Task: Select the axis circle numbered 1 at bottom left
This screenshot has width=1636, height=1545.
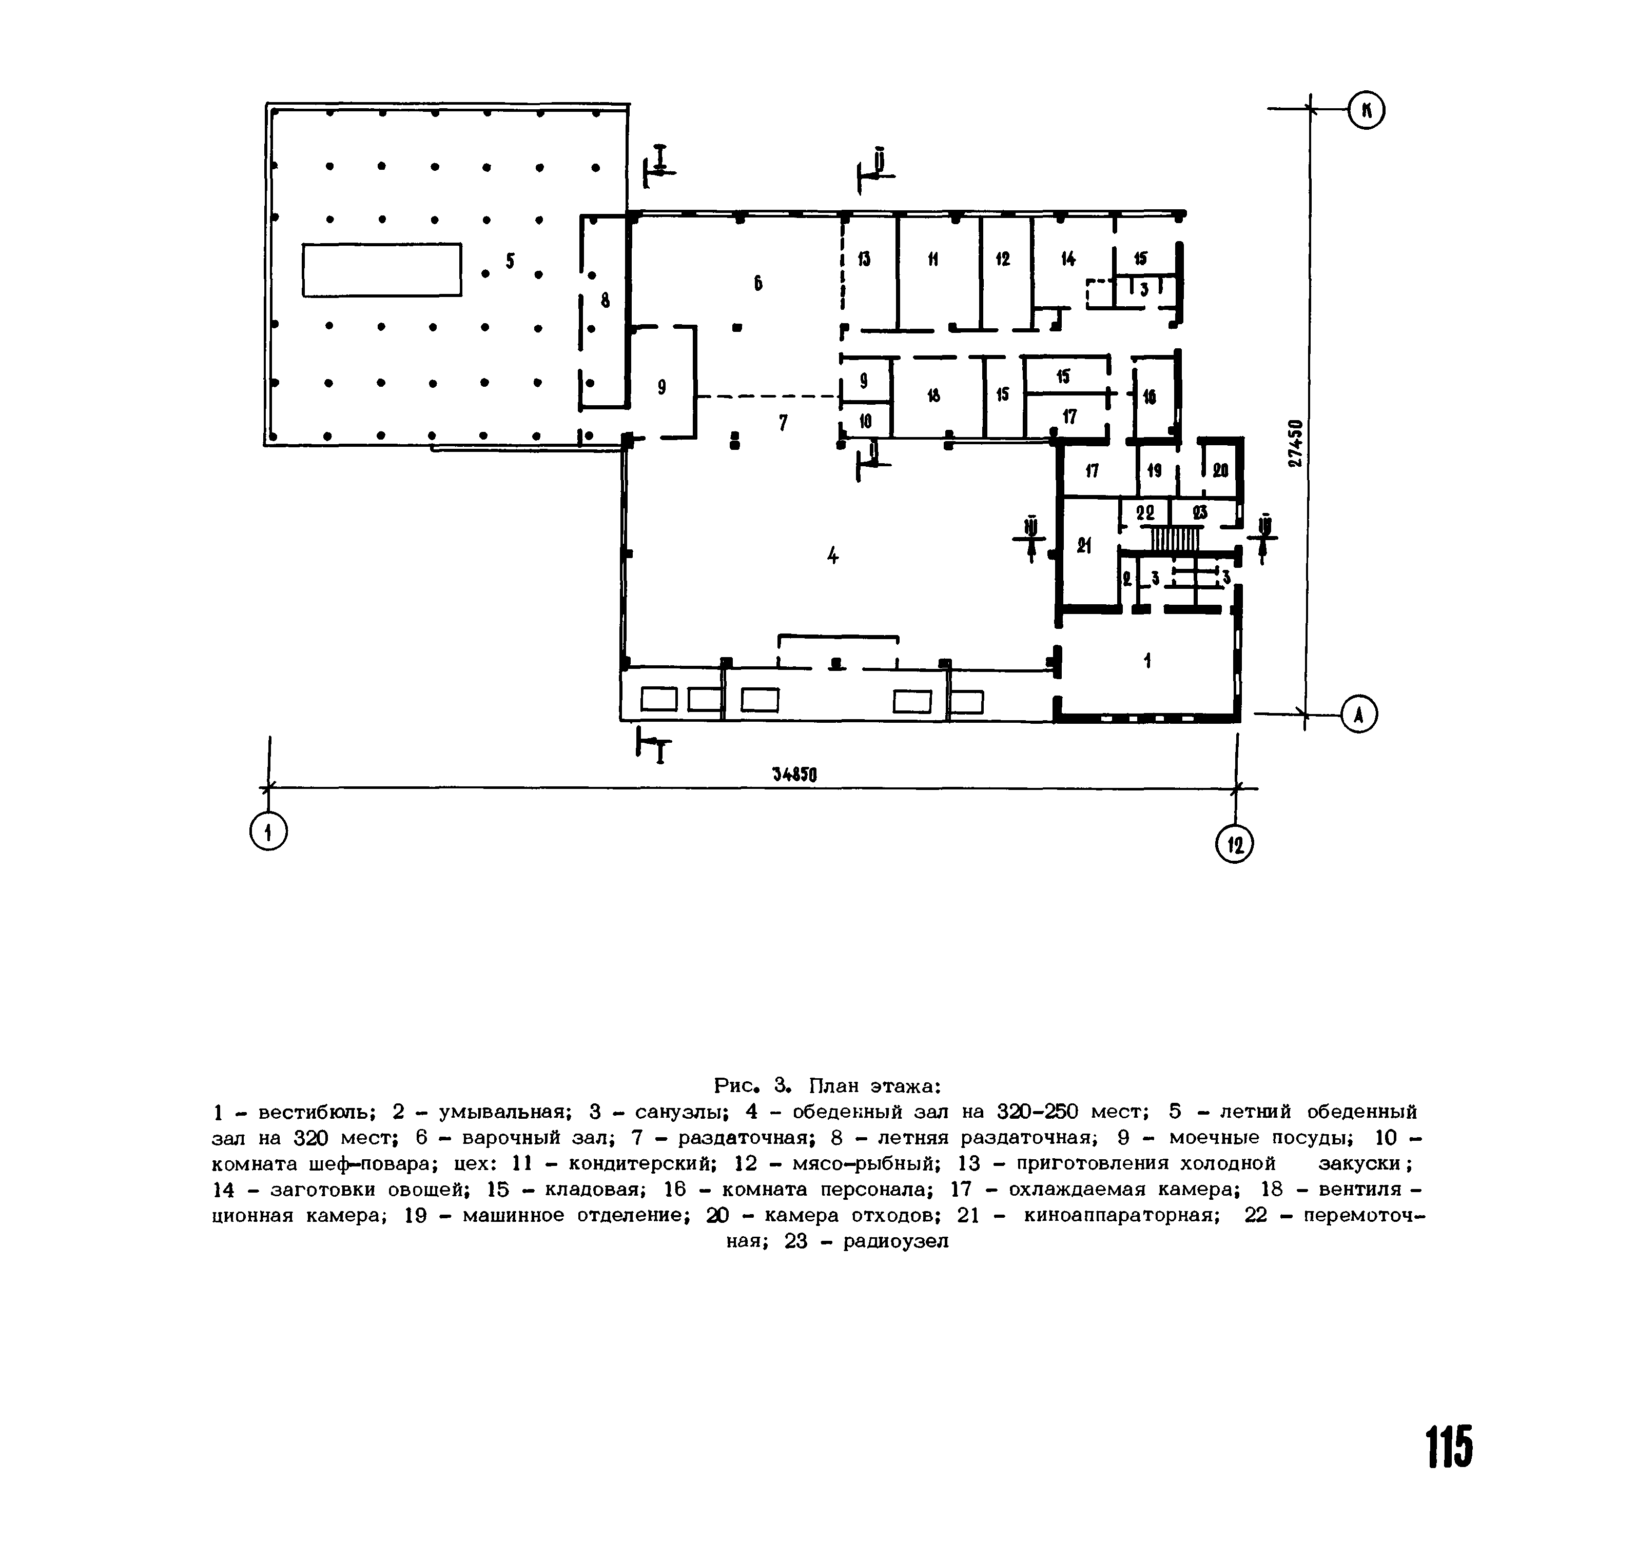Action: (268, 833)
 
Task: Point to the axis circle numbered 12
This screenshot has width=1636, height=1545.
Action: (1234, 844)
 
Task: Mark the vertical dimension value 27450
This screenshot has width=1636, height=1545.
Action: (1296, 443)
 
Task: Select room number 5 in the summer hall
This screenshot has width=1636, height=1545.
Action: (511, 261)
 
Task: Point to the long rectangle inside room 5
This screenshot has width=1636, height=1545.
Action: (381, 269)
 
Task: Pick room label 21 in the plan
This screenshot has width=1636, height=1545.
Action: (1084, 545)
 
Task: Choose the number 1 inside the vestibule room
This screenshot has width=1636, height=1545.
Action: (1147, 660)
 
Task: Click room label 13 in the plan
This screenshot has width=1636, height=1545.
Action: (863, 260)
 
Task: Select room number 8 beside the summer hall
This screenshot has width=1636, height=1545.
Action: (606, 301)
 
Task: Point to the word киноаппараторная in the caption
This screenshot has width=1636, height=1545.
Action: (1121, 1216)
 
